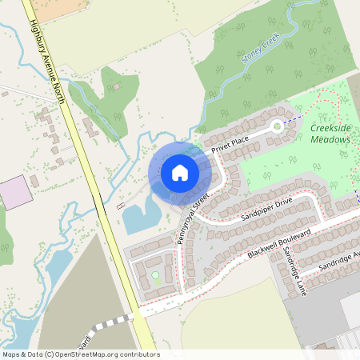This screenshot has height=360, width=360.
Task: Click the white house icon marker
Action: [180, 173]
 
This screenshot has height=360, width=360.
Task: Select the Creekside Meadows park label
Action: [330, 134]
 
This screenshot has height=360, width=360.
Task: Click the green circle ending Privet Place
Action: [278, 126]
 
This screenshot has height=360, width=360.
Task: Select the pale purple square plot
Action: [14, 193]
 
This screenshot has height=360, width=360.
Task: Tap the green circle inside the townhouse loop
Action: [155, 275]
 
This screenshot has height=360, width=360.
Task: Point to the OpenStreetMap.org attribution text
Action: [80, 354]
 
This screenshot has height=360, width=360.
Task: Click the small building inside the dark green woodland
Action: [117, 86]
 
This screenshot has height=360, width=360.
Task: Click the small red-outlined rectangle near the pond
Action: [121, 206]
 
